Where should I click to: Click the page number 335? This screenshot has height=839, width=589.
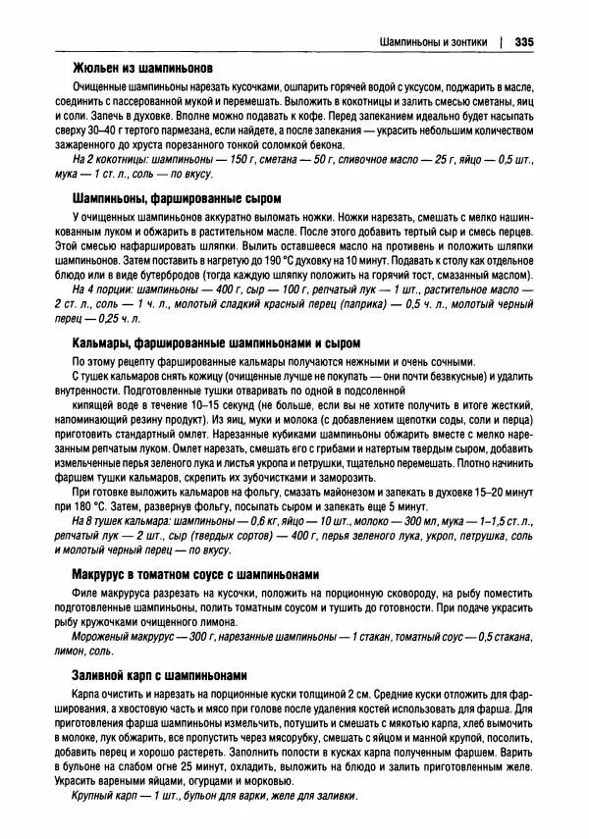click(522, 42)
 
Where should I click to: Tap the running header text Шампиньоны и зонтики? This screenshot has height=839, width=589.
click(437, 42)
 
